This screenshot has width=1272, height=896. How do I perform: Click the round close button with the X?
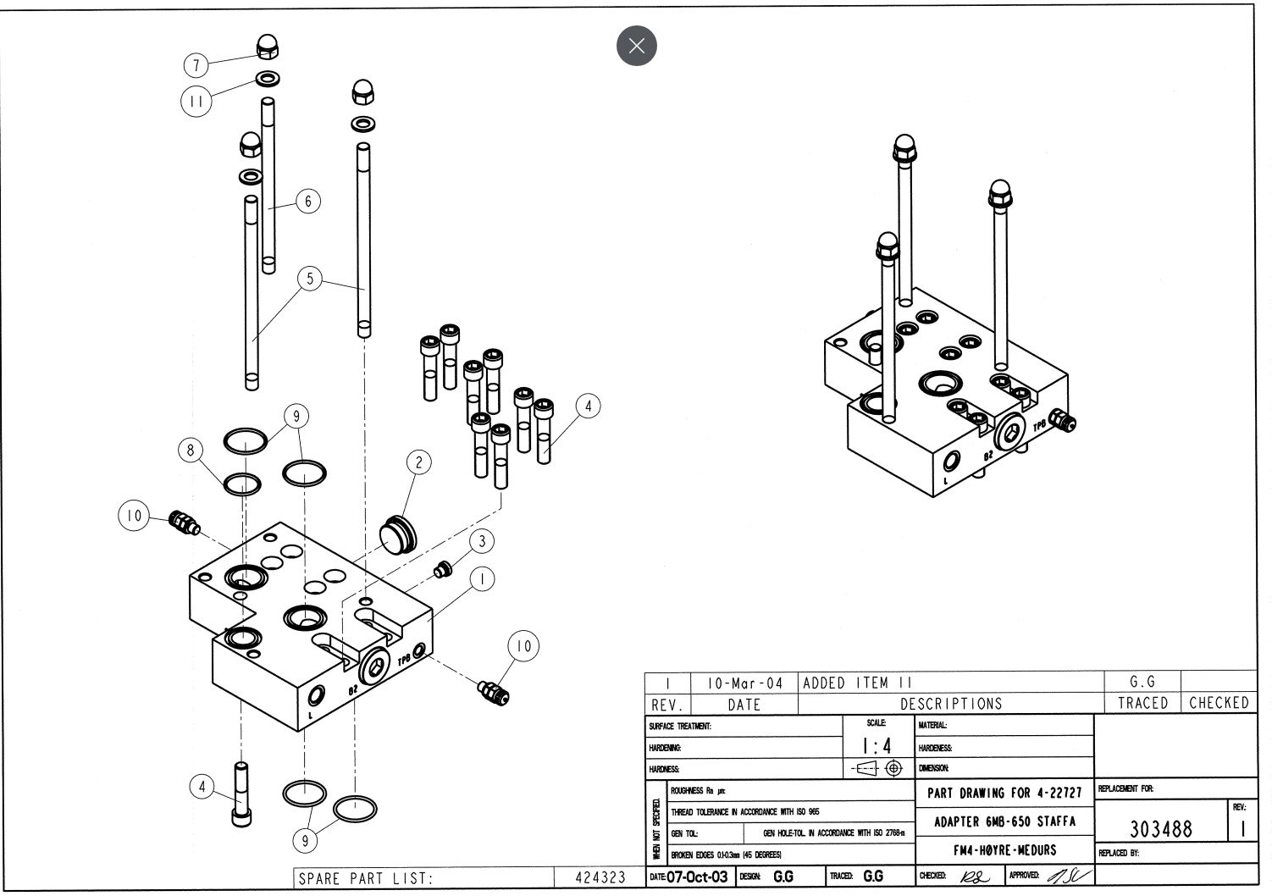pos(637,45)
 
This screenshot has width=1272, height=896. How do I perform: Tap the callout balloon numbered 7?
pos(196,65)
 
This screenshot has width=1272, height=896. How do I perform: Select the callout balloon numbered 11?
pos(196,102)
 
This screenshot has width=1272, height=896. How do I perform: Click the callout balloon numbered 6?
pos(308,201)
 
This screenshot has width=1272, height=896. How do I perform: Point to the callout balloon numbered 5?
pos(310,278)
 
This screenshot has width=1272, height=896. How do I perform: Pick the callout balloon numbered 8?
pos(191,450)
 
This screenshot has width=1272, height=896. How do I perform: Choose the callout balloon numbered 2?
pos(418,462)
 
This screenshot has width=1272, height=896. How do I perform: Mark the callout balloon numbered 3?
pos(481,541)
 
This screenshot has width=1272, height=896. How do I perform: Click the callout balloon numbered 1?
pos(482,579)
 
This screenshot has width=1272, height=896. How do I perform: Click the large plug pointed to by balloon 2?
pos(397,532)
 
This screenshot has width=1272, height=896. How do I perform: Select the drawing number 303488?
pos(1160,828)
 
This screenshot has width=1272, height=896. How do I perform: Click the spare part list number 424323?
pos(600,878)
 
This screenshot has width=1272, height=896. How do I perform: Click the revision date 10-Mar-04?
pos(745,683)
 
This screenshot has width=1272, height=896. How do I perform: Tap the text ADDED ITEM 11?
pos(857,683)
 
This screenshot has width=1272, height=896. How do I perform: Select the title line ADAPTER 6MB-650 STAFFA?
pos(1004,821)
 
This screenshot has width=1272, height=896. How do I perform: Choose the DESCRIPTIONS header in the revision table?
pos(950,704)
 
